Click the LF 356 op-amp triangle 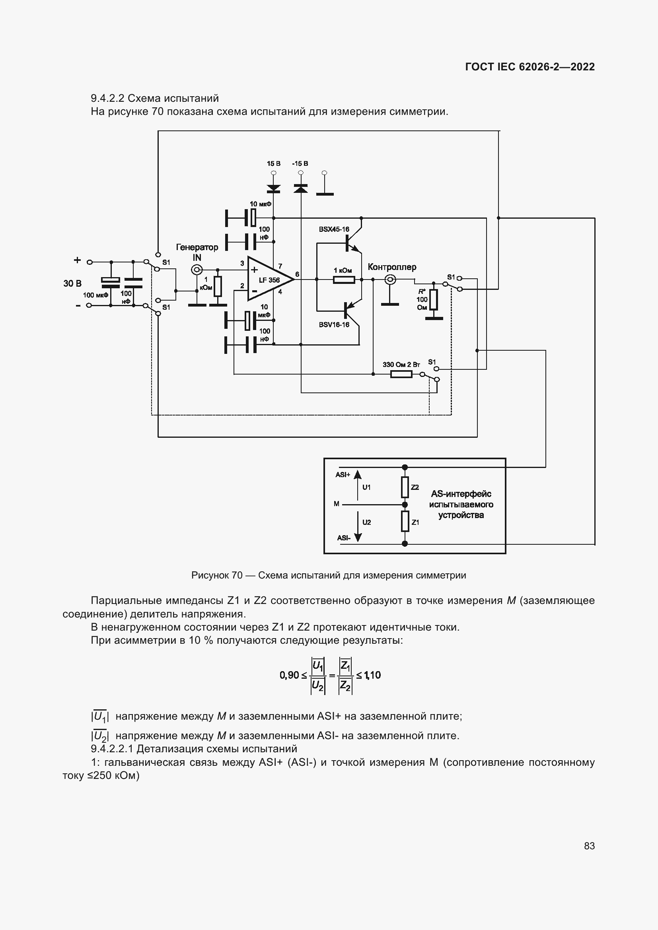[269, 279]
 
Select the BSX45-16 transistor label [334, 229]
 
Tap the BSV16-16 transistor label [334, 325]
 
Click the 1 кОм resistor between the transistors [344, 280]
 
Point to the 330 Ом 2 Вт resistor [401, 374]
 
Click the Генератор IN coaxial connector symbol [197, 270]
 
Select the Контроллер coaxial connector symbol [390, 279]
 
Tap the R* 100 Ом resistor [434, 300]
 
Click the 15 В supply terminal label [273, 164]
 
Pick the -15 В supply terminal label [300, 164]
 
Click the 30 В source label [72, 283]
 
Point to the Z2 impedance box [405, 487]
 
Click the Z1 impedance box [405, 521]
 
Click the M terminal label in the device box [336, 504]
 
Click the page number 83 [589, 846]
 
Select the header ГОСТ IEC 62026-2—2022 [530, 67]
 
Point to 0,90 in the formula [289, 675]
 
